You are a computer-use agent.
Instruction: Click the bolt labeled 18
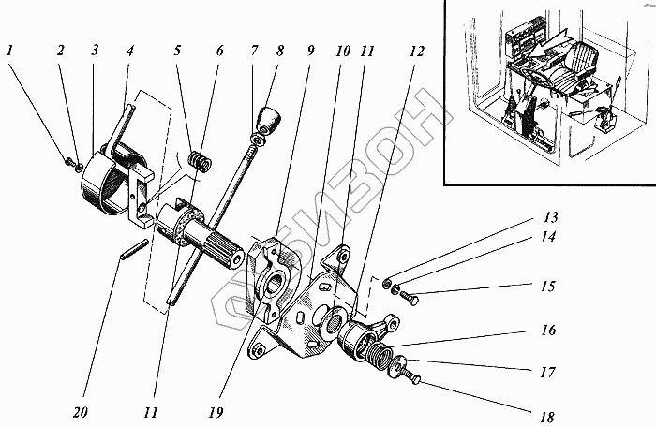pos(412,377)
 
